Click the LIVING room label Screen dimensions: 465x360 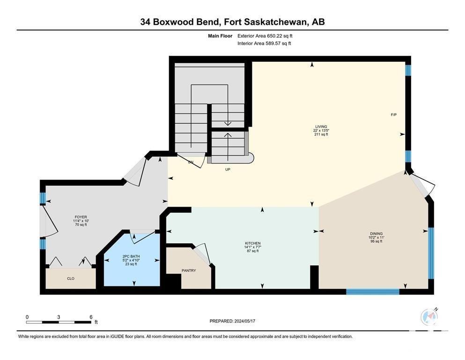321,127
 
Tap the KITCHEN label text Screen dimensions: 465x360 252,243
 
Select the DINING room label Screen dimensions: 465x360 376,233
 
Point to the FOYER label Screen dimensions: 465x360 81,217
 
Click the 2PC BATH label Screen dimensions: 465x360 131,256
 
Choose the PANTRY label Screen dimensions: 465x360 189,270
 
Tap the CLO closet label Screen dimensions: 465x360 71,278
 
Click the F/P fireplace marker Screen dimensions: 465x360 393,114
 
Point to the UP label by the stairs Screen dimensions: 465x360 228,170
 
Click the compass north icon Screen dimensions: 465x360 429,317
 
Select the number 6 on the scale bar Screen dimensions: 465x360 91,317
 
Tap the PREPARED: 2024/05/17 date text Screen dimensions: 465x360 232,321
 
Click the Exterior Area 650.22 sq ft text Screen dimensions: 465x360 265,36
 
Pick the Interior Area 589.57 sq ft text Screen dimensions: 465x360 264,43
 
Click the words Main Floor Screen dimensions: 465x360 220,36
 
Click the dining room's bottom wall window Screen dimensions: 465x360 373,292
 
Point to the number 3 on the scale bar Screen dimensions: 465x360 59,317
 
